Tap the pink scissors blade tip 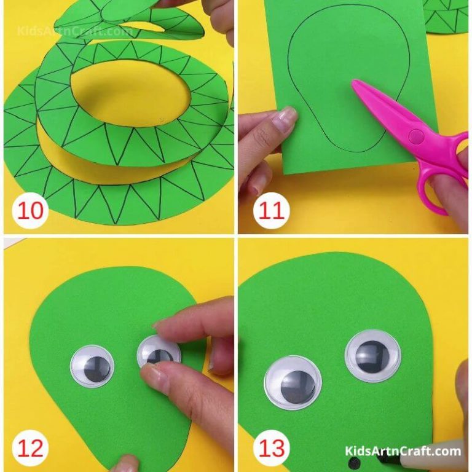[x=355, y=85]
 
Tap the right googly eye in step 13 [x=372, y=355]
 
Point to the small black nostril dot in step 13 [x=353, y=462]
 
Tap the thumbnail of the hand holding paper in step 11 [x=286, y=114]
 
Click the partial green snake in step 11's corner [x=449, y=15]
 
